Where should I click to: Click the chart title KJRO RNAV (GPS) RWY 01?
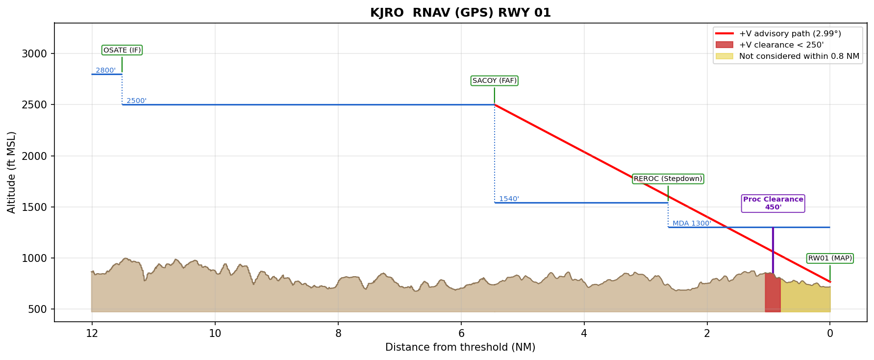tap(460, 13)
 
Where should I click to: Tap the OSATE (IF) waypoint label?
tap(122, 50)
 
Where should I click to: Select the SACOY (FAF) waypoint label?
tap(495, 80)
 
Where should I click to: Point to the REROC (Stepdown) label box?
tap(668, 179)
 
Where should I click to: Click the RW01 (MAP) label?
tap(830, 258)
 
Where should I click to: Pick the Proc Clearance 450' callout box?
tap(773, 203)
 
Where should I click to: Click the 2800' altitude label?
tap(105, 70)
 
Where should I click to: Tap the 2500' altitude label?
tap(136, 101)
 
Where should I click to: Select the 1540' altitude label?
tap(509, 199)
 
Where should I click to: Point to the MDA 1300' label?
tap(691, 223)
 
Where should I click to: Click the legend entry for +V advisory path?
tap(790, 34)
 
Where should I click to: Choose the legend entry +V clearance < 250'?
tap(781, 45)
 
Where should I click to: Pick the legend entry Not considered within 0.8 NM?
tap(799, 56)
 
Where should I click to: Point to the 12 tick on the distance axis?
tap(92, 334)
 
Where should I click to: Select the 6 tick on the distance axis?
tap(461, 334)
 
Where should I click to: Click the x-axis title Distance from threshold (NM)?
tap(460, 348)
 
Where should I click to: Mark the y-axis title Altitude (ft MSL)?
tap(12, 172)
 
